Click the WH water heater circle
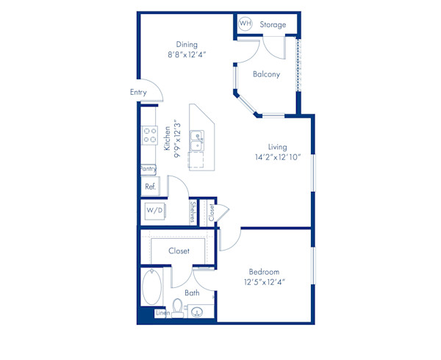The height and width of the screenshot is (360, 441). point(245,24)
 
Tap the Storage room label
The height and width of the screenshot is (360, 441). point(273,25)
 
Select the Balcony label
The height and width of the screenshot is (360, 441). point(266,74)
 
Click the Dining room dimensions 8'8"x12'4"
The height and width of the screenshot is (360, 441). point(187,54)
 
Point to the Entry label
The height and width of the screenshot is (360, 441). point(138,93)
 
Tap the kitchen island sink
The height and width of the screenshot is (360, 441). point(197,140)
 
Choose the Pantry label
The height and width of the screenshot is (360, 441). point(149,169)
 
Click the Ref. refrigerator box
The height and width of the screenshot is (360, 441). point(150,187)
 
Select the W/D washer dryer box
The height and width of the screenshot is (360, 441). point(154,211)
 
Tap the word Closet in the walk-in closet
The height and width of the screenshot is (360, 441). point(179,251)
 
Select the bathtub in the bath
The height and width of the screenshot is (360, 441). point(151,287)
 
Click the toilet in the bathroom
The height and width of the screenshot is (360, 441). point(177,306)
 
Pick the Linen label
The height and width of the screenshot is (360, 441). point(163,314)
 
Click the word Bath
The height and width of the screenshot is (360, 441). point(192,293)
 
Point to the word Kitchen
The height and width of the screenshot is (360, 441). point(168,139)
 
